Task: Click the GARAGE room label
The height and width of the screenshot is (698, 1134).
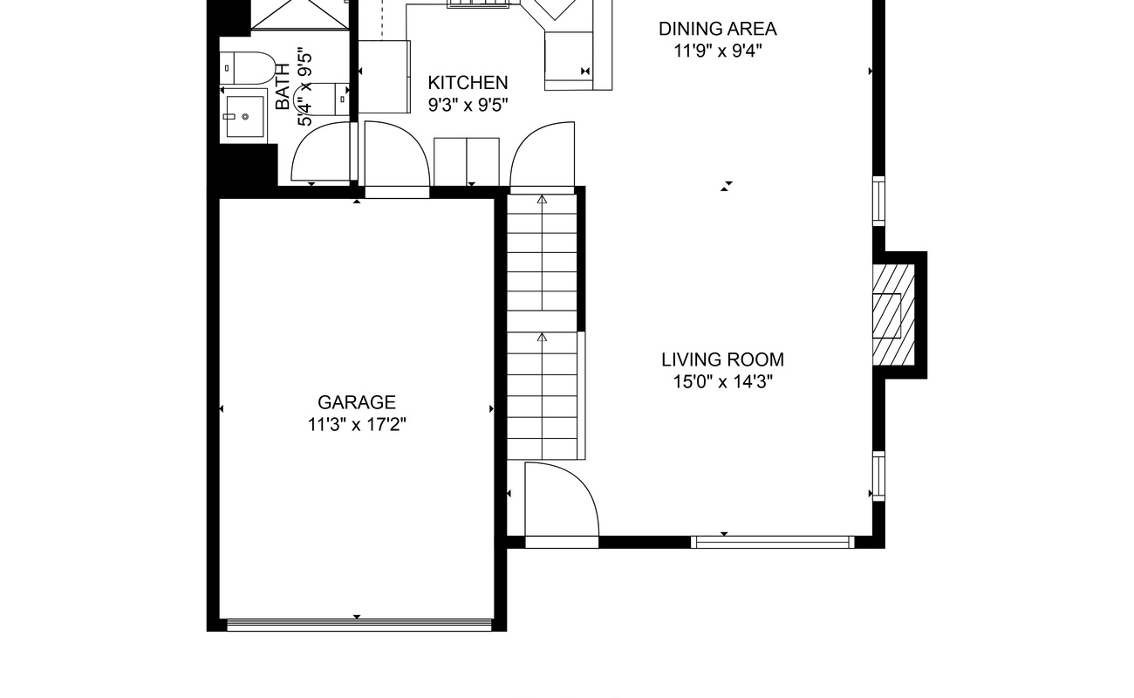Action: tap(357, 402)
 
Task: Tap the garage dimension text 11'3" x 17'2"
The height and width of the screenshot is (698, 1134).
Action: tap(357, 425)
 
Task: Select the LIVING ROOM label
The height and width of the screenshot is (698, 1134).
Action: tap(723, 359)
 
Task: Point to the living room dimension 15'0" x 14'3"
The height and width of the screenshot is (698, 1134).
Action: tap(723, 381)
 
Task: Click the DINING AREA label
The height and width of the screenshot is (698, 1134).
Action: tap(717, 29)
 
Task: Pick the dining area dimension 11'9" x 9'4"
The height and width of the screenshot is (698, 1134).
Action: tap(717, 51)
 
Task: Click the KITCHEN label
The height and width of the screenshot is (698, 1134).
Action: tap(468, 83)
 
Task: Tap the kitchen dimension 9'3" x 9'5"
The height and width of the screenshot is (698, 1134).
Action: tap(468, 105)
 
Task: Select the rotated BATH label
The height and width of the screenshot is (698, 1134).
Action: tap(283, 86)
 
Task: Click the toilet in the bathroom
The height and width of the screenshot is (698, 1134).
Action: tap(247, 68)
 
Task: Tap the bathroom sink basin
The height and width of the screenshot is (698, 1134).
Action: tap(244, 117)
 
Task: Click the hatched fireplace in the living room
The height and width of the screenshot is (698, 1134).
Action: tap(893, 315)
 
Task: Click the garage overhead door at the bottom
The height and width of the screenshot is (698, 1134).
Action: tap(359, 625)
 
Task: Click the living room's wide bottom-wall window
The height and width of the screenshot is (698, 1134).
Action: tap(773, 542)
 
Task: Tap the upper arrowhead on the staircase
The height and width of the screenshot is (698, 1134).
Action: tap(543, 199)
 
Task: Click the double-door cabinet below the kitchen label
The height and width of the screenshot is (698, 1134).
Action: tap(467, 162)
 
